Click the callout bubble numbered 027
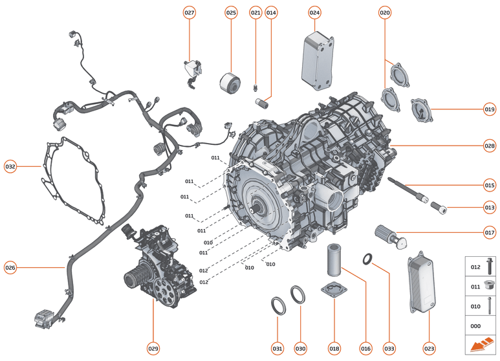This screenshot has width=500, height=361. [189, 13]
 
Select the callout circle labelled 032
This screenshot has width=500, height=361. [10, 166]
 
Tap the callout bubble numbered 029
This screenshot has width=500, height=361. [153, 349]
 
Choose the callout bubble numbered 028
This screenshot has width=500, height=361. [490, 146]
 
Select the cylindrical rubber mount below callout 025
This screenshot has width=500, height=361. [230, 83]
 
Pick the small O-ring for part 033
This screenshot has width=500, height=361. [367, 259]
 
